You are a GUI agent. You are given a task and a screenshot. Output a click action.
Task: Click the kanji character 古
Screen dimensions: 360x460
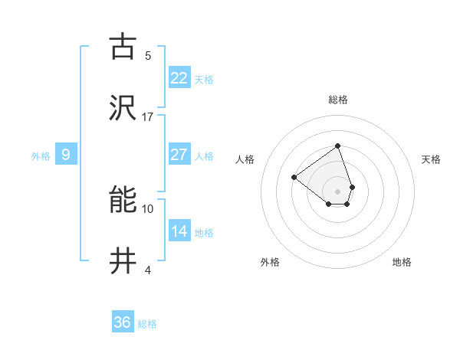pos(123,47)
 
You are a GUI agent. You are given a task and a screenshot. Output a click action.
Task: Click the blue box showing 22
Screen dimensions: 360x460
pos(179,78)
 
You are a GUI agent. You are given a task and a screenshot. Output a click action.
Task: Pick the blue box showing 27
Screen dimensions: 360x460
pos(179,155)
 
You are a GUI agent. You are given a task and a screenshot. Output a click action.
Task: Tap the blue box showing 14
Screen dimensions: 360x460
pos(179,231)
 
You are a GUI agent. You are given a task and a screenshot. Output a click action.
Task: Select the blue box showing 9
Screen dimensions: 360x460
pos(66,155)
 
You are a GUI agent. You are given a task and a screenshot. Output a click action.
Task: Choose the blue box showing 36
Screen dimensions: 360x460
pos(123,322)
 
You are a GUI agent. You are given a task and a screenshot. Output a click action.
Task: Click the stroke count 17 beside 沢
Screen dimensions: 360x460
pos(148,117)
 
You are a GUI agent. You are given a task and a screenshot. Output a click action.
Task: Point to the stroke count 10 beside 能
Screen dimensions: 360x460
pos(148,208)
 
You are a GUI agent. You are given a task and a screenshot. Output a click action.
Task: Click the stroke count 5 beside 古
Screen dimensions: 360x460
pos(148,55)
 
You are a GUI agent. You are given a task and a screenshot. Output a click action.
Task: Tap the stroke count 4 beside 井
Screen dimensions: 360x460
pos(148,270)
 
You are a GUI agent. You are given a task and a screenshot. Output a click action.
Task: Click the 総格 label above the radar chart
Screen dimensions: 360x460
pos(337,100)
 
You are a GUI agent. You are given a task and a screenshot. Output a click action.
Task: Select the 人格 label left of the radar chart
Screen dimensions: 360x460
pos(245,159)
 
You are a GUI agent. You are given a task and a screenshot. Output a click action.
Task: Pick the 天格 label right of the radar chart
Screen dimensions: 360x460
pos(431,159)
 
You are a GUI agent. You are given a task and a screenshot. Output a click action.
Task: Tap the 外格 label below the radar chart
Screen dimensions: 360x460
pos(270,262)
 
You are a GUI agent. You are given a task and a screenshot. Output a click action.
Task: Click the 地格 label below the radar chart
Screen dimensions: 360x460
pos(402,262)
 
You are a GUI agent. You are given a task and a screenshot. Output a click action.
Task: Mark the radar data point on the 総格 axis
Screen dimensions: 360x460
pos(337,146)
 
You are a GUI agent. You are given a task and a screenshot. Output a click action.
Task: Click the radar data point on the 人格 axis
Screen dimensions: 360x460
pos(294,177)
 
